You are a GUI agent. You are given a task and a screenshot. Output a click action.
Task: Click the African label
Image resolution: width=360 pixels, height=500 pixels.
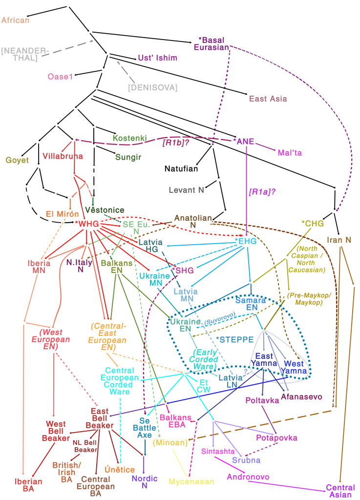point(16,20)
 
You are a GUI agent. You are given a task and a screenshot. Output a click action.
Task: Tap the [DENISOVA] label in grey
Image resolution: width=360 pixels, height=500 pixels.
point(152,87)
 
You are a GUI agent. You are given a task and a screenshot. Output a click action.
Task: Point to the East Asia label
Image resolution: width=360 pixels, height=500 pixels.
point(268,99)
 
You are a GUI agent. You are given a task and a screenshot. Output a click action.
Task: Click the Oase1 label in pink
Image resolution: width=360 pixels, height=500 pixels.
point(60,77)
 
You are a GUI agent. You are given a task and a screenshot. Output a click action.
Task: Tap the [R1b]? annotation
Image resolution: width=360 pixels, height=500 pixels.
point(176,143)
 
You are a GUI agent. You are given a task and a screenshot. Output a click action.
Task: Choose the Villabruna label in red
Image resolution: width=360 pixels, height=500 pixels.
point(63,156)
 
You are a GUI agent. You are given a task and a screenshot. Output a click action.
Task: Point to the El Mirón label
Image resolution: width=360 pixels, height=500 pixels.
point(63,213)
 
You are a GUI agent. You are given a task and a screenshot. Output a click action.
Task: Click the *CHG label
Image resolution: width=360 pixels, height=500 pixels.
point(313,224)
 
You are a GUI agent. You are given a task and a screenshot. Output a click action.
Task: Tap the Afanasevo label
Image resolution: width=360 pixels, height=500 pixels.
point(301,396)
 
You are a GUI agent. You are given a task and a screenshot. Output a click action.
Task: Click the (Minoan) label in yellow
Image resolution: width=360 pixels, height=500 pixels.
point(170,443)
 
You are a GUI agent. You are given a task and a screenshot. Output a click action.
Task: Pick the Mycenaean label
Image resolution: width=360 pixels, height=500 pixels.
point(191,481)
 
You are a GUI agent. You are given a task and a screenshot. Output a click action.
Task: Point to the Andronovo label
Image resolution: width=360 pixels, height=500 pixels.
point(248,477)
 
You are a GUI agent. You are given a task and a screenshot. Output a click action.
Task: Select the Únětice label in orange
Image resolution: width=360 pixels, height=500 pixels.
point(120,470)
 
